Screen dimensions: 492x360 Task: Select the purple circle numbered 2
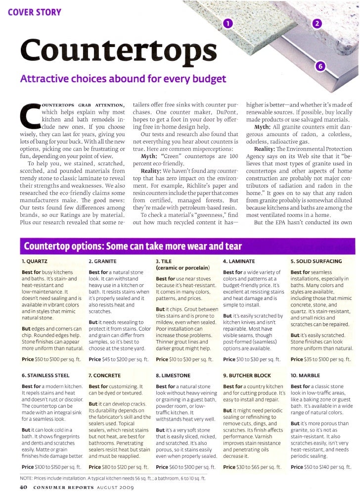[x=318, y=25]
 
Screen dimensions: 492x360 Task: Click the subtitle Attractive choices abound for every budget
[x=123, y=79]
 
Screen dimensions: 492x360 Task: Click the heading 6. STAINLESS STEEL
[x=45, y=375]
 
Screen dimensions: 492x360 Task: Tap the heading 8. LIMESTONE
[x=174, y=375]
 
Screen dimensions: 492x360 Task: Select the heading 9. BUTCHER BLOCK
[x=248, y=375]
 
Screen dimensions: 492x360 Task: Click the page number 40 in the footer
[x=23, y=487]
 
